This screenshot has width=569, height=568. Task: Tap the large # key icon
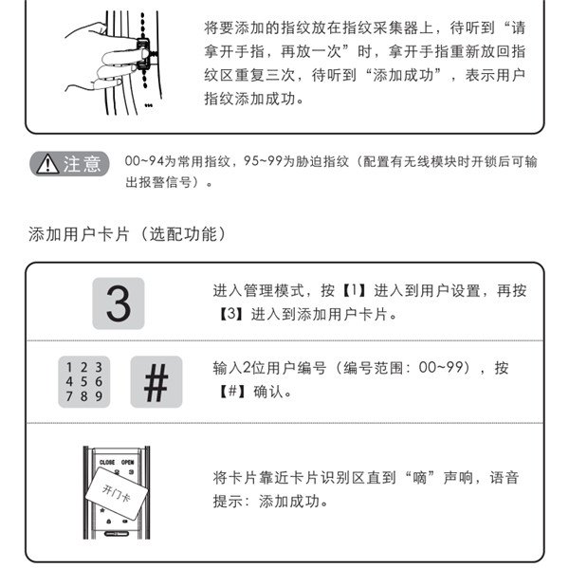[x=156, y=382]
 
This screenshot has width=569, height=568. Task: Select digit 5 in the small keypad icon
[x=83, y=381]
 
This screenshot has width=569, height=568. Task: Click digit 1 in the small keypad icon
[x=66, y=365]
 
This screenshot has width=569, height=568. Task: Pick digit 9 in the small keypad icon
[x=98, y=396]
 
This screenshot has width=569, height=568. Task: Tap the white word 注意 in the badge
[x=81, y=165]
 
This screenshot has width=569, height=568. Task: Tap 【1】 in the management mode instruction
[x=353, y=290]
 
